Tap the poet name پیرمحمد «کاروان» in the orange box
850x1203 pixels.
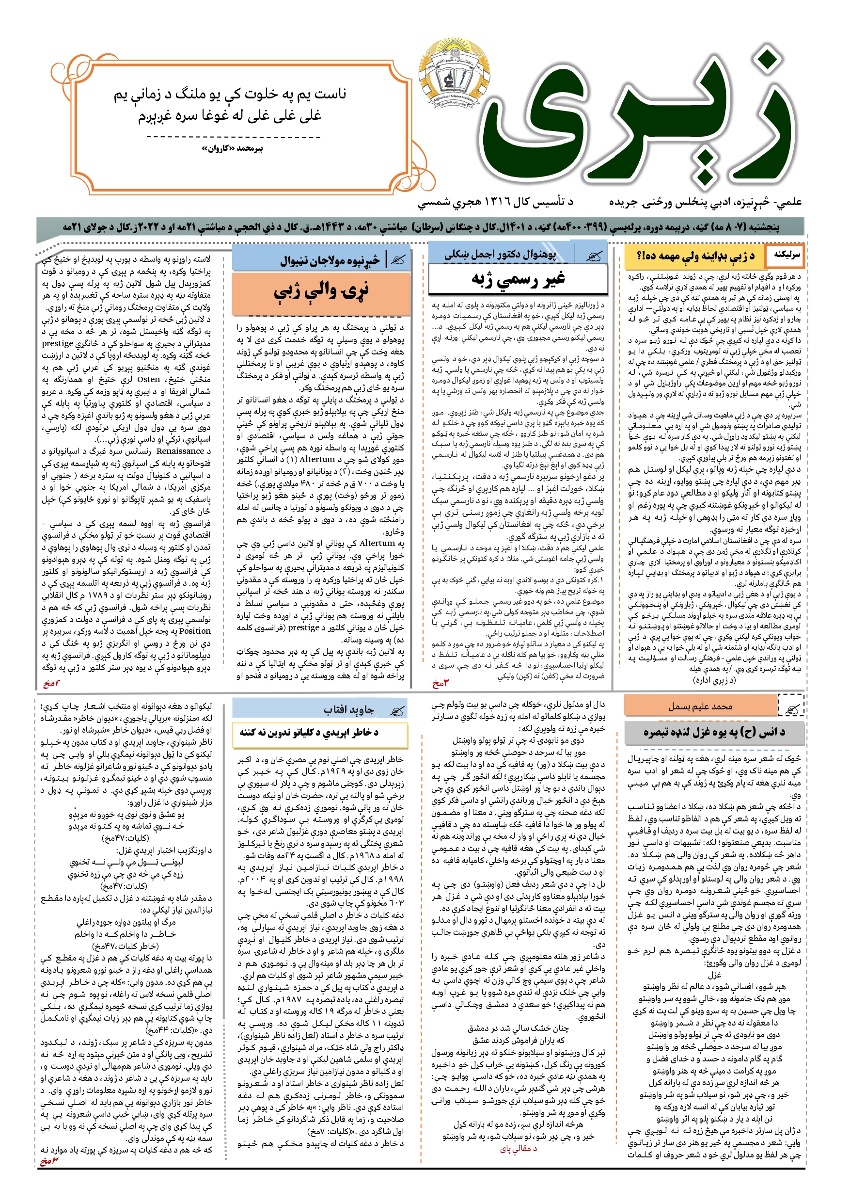233,149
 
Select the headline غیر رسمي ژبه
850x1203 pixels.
518,279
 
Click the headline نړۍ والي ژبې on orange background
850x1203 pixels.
320,292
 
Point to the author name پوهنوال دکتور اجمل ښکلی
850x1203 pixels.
500,255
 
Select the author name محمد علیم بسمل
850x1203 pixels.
700,707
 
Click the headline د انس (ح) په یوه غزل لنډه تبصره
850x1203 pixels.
714,732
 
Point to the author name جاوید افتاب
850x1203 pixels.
349,710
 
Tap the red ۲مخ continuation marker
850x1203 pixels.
51,683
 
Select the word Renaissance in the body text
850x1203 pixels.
180,451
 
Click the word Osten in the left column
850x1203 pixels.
148,379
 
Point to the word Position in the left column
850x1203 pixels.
195,631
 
